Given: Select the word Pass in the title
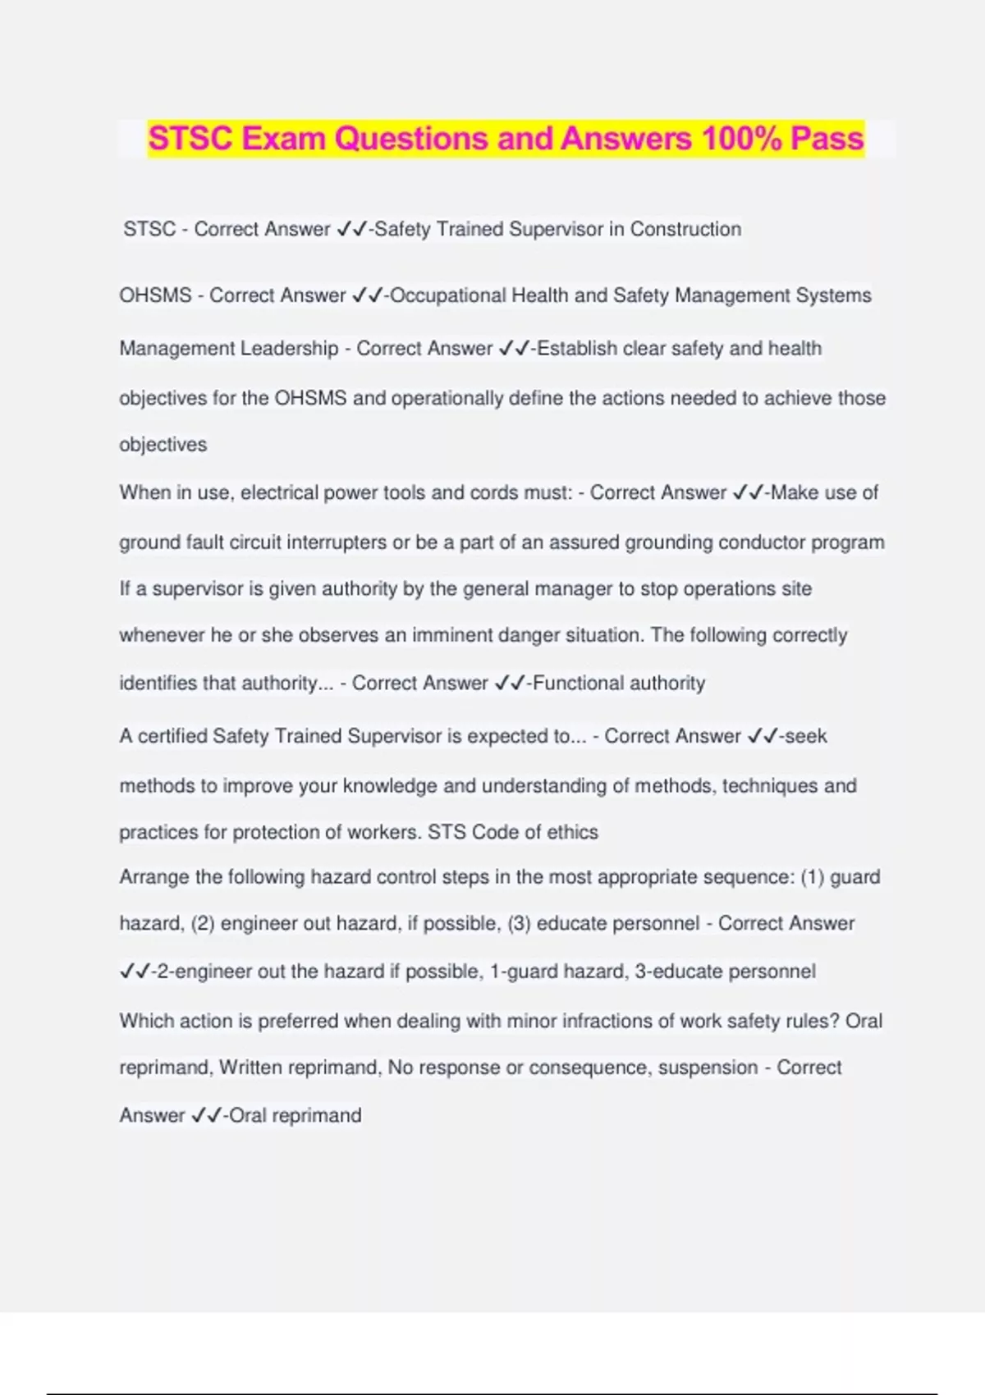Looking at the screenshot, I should click(827, 138).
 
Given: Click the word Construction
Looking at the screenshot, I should click(685, 229).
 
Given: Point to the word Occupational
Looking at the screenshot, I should click(447, 295).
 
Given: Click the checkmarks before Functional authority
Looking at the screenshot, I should click(510, 683).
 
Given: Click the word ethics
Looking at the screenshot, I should click(572, 832).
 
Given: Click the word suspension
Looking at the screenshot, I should click(708, 1068).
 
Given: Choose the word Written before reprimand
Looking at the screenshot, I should click(250, 1068).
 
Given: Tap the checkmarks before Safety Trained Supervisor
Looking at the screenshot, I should click(351, 229).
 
